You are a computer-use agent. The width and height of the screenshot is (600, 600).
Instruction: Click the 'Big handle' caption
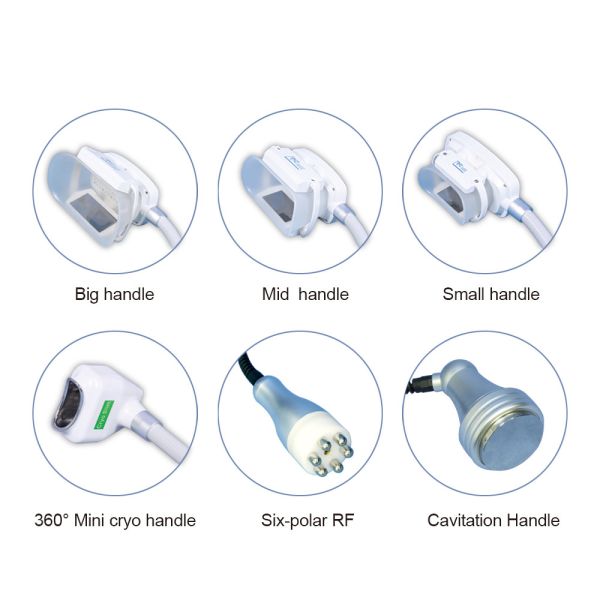114,294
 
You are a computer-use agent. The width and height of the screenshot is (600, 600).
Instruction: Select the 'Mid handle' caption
299,294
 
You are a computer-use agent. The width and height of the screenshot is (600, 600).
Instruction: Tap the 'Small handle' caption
490,294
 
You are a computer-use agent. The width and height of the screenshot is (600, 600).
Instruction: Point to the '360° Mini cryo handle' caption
114,520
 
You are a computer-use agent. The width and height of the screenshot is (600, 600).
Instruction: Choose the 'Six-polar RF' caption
299,520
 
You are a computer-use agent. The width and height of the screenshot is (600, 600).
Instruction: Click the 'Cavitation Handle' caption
493,520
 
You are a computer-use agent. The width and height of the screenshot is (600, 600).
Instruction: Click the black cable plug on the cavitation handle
420,381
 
